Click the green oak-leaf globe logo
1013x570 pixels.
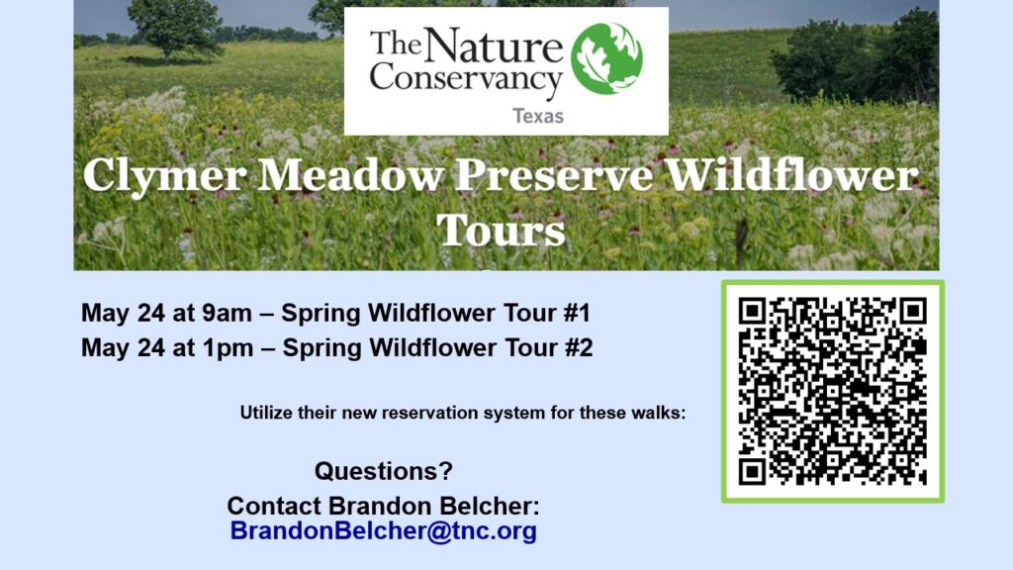(x=606, y=58)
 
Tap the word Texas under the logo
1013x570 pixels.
(x=538, y=117)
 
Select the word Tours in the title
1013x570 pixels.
(x=501, y=230)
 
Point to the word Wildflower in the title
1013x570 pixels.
(x=792, y=174)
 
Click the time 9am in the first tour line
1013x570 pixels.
(x=227, y=314)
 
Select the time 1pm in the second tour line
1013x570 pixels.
(x=229, y=348)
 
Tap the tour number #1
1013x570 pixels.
(x=577, y=314)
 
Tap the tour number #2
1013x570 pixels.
(x=579, y=348)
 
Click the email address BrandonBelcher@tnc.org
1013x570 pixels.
(x=384, y=530)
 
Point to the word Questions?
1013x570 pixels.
(x=384, y=470)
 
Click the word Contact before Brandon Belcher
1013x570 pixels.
(x=274, y=506)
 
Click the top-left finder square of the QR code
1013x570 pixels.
(x=752, y=312)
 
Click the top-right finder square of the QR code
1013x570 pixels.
(x=913, y=312)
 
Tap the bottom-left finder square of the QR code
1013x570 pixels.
(x=752, y=471)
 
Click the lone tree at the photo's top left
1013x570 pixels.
(x=175, y=28)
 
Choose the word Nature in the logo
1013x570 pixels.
(x=494, y=45)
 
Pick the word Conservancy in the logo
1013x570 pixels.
(x=465, y=79)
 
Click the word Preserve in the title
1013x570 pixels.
(x=554, y=174)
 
